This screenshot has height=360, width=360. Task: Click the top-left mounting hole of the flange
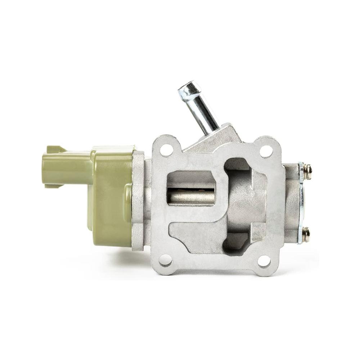coord(166,150)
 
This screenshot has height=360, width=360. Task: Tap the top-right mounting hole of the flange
coord(266,151)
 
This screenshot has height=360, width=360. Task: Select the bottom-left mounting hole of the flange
coord(166,260)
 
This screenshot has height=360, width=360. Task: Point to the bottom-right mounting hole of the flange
coord(264,261)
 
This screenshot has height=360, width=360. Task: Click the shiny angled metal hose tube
coord(201,107)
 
